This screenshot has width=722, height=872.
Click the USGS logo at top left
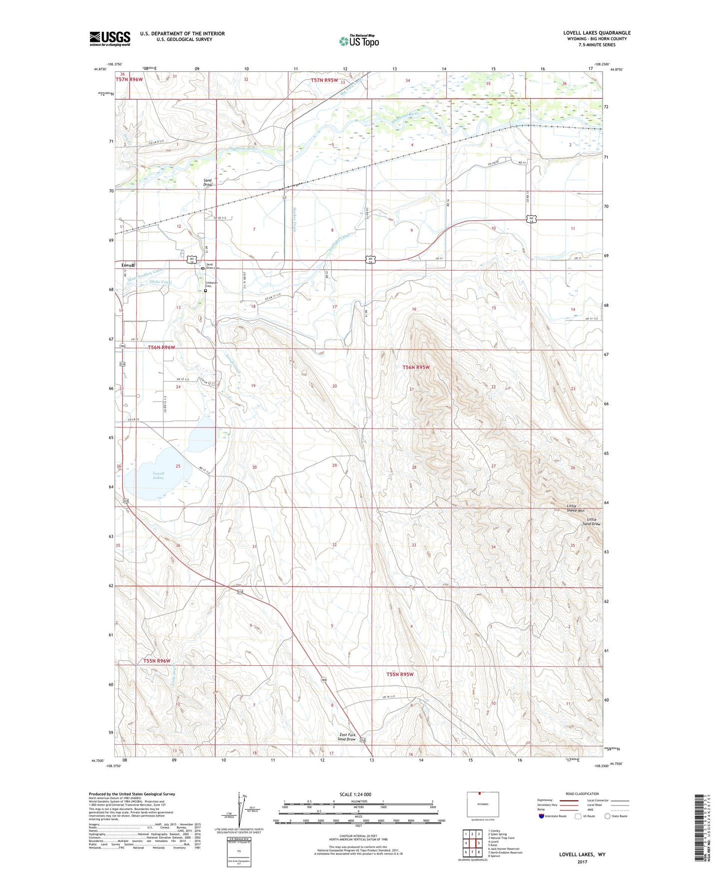click(x=110, y=38)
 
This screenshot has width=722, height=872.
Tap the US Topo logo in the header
click(x=359, y=41)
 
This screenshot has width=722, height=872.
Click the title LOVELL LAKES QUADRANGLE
click(x=597, y=33)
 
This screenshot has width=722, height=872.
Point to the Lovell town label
click(x=128, y=265)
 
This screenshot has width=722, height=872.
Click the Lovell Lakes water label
click(x=158, y=475)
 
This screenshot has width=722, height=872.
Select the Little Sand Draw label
click(x=591, y=522)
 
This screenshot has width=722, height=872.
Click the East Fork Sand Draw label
click(x=347, y=737)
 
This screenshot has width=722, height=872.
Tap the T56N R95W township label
click(x=416, y=367)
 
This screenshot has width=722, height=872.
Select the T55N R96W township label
click(x=157, y=661)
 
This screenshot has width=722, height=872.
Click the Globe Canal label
click(x=160, y=282)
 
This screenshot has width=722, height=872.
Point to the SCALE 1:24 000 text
click(x=355, y=794)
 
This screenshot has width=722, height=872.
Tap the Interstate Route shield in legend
click(x=542, y=816)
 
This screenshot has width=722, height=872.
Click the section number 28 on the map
click(x=414, y=467)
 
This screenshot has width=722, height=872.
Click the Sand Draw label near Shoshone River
click(x=208, y=182)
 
